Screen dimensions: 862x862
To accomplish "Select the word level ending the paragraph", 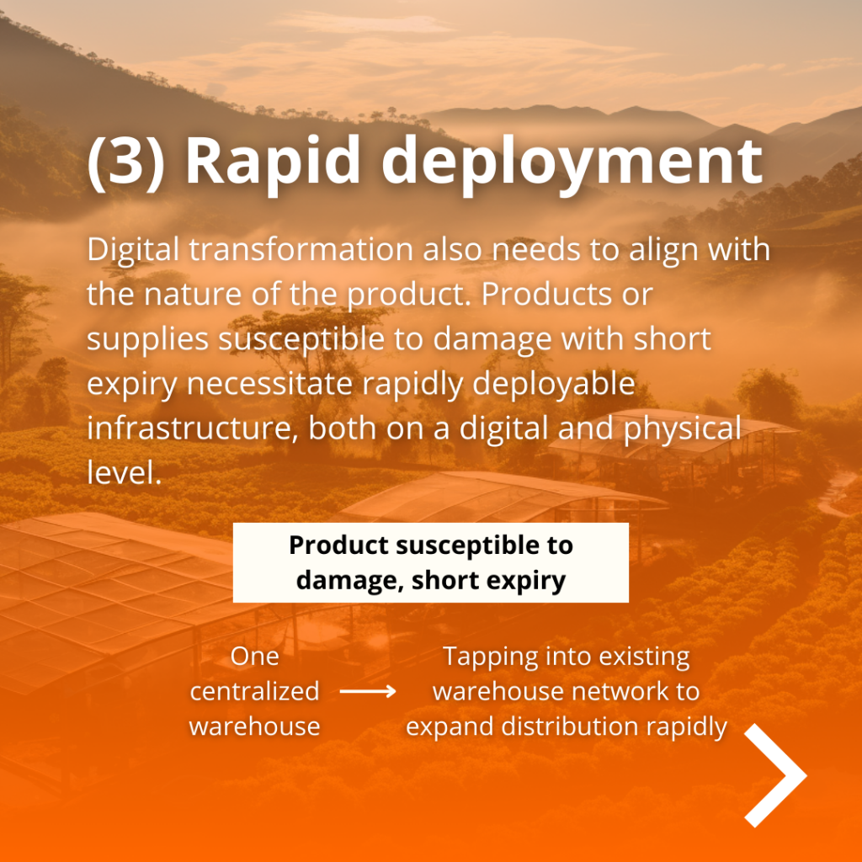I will coord(123,472).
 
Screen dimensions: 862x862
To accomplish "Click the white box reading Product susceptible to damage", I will coord(430,563).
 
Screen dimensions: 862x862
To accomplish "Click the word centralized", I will coord(254,692).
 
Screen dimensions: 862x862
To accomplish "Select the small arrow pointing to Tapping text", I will coord(368,692).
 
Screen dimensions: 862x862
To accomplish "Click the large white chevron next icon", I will coord(775,774).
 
